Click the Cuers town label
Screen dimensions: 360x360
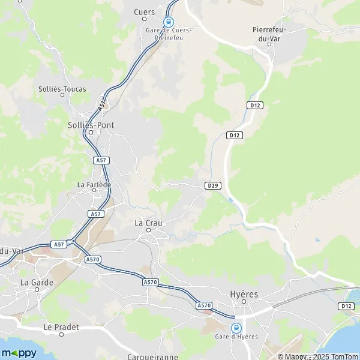pyautogui.click(x=145, y=12)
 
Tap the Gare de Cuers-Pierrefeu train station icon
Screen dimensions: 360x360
pyautogui.click(x=169, y=20)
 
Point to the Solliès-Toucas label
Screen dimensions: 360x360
pyautogui.click(x=62, y=89)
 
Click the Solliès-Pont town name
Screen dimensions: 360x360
pyautogui.click(x=91, y=125)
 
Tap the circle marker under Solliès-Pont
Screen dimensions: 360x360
pyautogui.click(x=91, y=133)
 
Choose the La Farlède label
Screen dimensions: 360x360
pyautogui.click(x=94, y=184)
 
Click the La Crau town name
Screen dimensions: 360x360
pyautogui.click(x=148, y=223)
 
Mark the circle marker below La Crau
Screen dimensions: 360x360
pyautogui.click(x=149, y=230)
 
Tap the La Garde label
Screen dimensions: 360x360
pyautogui.click(x=37, y=281)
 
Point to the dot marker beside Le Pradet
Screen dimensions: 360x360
pyautogui.click(x=61, y=335)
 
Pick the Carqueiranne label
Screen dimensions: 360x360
pyautogui.click(x=152, y=357)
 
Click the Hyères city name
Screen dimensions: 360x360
pyautogui.click(x=244, y=294)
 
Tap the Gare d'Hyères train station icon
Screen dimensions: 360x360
pyautogui.click(x=236, y=328)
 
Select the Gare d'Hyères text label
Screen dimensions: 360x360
pyautogui.click(x=236, y=337)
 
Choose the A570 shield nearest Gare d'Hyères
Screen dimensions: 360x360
pyautogui.click(x=204, y=305)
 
